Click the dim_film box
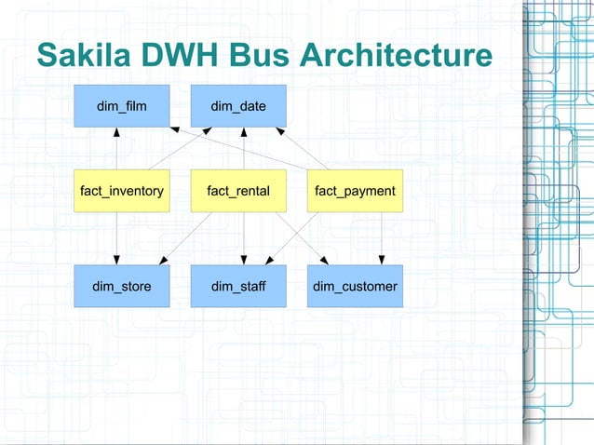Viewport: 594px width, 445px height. pos(121,106)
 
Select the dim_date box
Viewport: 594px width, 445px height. pos(238,106)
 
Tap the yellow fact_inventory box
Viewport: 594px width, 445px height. pos(121,191)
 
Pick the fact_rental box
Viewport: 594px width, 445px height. pos(238,191)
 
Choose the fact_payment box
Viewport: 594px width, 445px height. pos(355,191)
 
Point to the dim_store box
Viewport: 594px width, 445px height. pos(121,286)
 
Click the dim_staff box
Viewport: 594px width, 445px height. pos(238,286)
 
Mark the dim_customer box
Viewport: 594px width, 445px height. pos(355,286)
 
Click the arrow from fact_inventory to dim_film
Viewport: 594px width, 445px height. pos(116,149)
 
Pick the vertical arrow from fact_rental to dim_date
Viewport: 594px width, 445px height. pos(244,149)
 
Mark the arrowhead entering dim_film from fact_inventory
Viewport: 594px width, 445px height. pos(116,131)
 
